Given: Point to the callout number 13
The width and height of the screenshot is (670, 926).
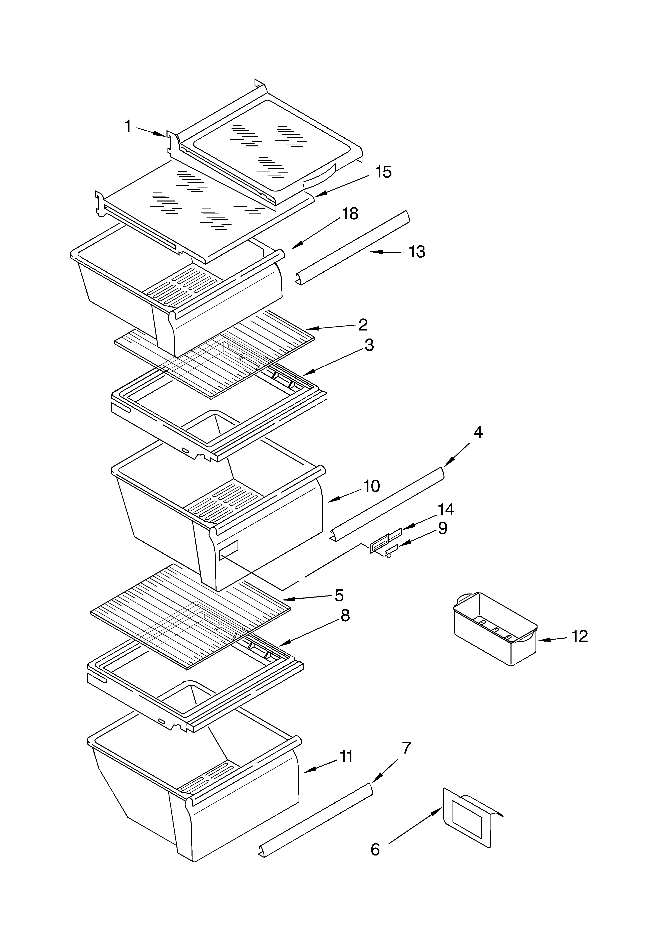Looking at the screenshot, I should point(417,252).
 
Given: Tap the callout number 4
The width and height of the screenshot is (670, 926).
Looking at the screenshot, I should point(478,432).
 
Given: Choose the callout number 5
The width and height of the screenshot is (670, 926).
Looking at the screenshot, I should point(339,595).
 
